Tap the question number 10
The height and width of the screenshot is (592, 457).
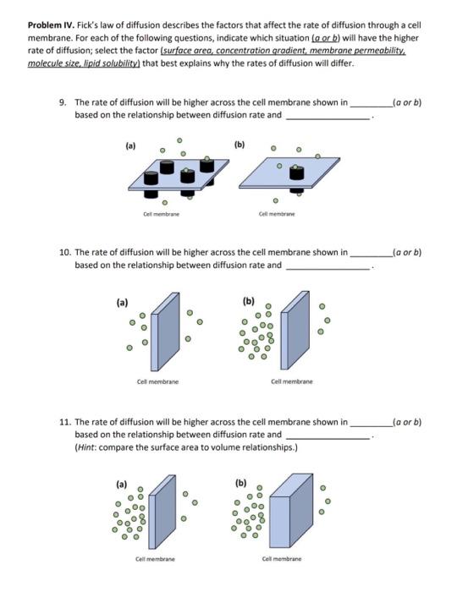(x=65, y=252)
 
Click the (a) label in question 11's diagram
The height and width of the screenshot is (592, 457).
(x=122, y=485)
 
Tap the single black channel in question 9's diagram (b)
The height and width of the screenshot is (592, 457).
(x=296, y=174)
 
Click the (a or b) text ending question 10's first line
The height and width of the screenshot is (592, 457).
(x=403, y=252)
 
